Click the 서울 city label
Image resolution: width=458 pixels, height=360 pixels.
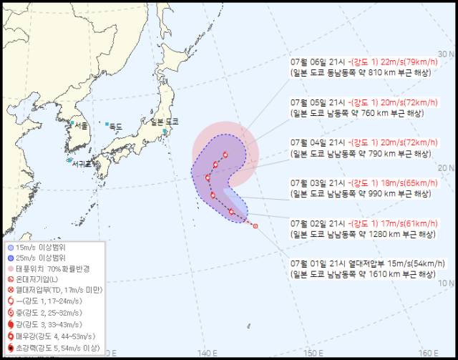click(x=82, y=124)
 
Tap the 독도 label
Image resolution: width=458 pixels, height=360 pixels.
click(x=114, y=126)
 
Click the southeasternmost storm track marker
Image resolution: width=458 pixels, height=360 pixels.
click(x=255, y=226)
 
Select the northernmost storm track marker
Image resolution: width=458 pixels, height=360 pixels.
click(x=225, y=154)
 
